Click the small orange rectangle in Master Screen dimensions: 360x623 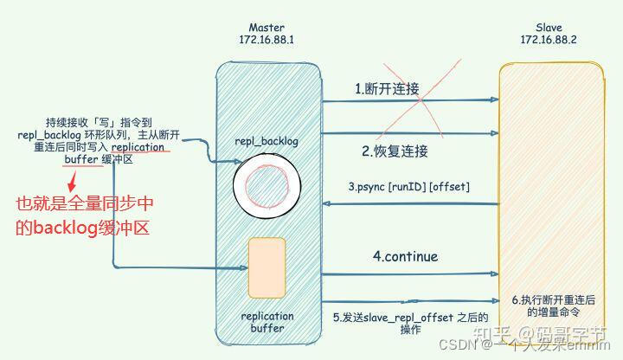tap(267, 266)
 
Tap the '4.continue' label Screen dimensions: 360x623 tap(405, 256)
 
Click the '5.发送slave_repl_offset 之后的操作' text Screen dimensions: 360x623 tap(405, 323)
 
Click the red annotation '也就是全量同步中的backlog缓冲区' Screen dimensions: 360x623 tap(82, 215)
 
